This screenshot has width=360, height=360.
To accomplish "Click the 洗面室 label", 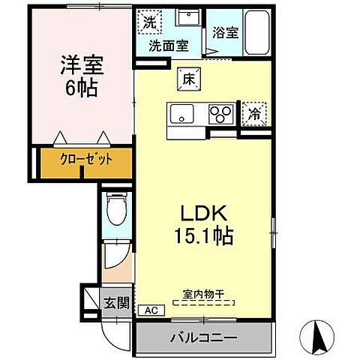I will tap(168, 45).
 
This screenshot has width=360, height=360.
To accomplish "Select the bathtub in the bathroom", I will tap(257, 31).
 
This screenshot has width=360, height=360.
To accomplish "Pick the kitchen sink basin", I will tap(182, 114).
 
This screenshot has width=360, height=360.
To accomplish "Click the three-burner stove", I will tap(221, 114).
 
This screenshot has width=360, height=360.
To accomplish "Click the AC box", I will tap(150, 310).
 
